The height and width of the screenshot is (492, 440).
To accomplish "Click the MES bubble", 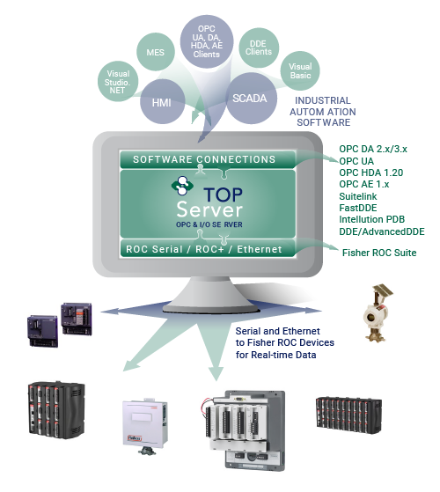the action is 155,52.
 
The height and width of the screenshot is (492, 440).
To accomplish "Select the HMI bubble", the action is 162,101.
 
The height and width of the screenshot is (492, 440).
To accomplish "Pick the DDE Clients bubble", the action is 259,48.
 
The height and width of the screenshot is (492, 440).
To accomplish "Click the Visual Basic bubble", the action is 300,71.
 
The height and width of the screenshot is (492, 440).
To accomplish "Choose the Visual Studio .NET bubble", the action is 118,81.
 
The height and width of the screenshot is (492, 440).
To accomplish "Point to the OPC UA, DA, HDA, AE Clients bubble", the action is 207,41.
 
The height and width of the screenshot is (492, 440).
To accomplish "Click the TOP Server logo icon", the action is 182,186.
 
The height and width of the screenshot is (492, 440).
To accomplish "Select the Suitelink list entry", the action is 358,196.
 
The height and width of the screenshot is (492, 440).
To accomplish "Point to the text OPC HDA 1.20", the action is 371,173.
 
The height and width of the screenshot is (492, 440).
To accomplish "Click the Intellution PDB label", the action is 372,219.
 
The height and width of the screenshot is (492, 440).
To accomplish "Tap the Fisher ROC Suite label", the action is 379,253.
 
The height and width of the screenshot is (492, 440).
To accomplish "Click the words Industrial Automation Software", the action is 323,112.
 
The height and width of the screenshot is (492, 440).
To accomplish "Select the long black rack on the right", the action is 348,415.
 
